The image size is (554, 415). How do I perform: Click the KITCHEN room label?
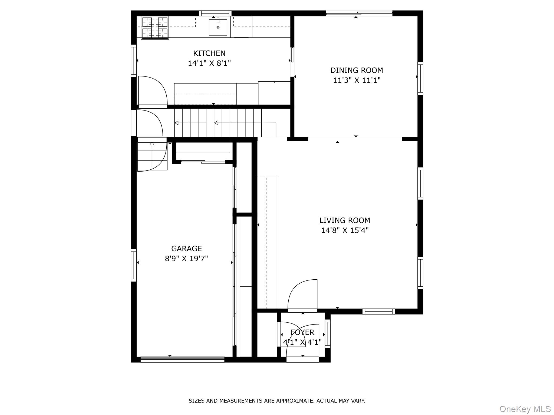click(x=209, y=53)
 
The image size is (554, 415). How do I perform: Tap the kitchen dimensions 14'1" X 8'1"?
click(x=209, y=63)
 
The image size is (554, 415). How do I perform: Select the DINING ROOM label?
click(x=357, y=70)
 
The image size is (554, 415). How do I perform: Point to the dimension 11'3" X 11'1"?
click(x=357, y=80)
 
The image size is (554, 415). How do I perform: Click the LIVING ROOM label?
click(x=345, y=220)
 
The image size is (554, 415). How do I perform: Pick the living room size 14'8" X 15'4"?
click(x=345, y=230)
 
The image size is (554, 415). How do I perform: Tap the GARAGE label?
click(x=186, y=249)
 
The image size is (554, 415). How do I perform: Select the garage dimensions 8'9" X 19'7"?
click(x=186, y=259)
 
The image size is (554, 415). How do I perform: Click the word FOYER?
click(x=302, y=332)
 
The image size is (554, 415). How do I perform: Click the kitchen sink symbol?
click(x=218, y=27)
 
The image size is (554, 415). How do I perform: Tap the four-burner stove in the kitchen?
click(x=155, y=27)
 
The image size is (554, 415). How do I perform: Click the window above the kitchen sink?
click(x=215, y=13)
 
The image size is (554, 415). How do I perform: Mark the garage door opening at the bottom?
click(x=182, y=359)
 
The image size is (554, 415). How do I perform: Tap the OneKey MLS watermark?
click(x=525, y=409)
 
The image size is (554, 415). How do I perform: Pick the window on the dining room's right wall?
click(x=420, y=78)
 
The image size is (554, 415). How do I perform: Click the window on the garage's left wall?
click(x=134, y=265)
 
